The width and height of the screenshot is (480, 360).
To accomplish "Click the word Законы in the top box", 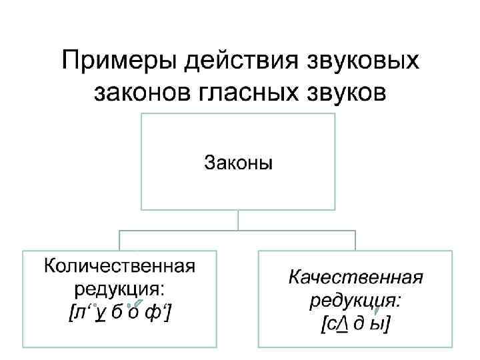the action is [237, 162].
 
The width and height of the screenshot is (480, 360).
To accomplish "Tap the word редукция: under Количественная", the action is [120, 289].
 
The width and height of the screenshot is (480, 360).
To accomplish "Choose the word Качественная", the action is [356, 277].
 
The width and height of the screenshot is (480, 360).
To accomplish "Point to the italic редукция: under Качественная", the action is [355, 300].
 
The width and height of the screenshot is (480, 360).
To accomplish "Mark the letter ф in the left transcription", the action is [157, 313].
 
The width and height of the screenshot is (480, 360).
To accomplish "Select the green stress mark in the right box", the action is [377, 309].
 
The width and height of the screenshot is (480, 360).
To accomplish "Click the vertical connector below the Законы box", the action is [237, 221].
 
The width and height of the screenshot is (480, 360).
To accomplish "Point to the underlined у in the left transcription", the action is [99, 313].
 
